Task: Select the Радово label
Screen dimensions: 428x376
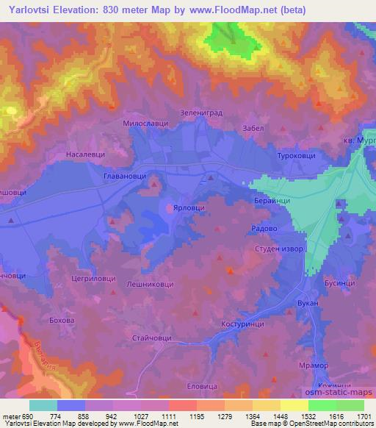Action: tap(264, 228)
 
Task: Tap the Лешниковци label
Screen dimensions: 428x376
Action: tap(150, 283)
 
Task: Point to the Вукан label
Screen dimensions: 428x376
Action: tap(308, 302)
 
